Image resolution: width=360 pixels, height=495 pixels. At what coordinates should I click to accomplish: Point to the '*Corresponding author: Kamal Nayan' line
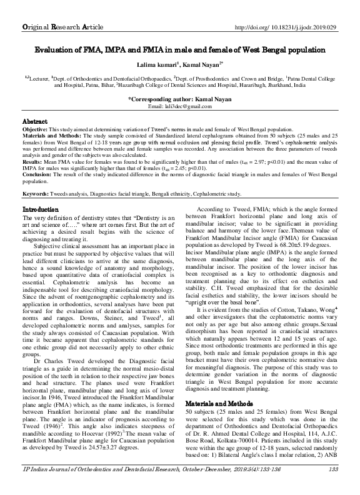(x=180, y=99)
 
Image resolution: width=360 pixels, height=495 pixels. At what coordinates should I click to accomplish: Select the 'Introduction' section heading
(x=41, y=208)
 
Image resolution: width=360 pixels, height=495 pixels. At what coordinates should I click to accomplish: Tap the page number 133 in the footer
(x=332, y=486)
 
